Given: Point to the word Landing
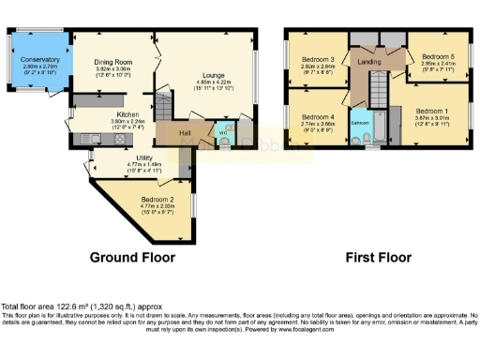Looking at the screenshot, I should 370,62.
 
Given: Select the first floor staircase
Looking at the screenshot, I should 380,93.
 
